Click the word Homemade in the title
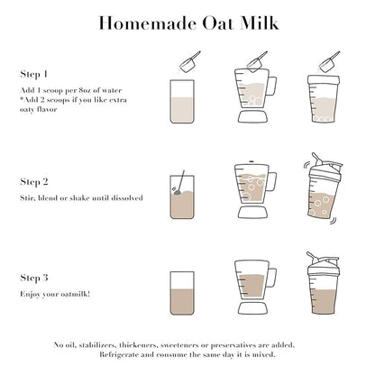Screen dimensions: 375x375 pos(147,23)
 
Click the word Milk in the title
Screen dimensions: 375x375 pos(260,23)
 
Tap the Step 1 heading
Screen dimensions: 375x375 pos(33,74)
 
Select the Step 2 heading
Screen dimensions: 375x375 pos(34,182)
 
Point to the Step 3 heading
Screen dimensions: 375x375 pos(34,278)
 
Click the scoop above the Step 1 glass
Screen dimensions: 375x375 pos(189,62)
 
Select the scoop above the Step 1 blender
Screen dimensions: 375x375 pos(256,62)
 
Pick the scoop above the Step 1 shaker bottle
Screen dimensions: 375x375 pos(329,62)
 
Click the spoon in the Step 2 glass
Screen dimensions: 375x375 pos(179,183)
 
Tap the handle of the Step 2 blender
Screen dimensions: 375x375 pos(271,182)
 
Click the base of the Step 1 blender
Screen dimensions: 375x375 pos(252,117)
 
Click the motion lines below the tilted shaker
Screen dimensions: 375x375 pos(333,221)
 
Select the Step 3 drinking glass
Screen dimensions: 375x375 pos(182,293)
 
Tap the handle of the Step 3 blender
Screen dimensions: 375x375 pos(271,278)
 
